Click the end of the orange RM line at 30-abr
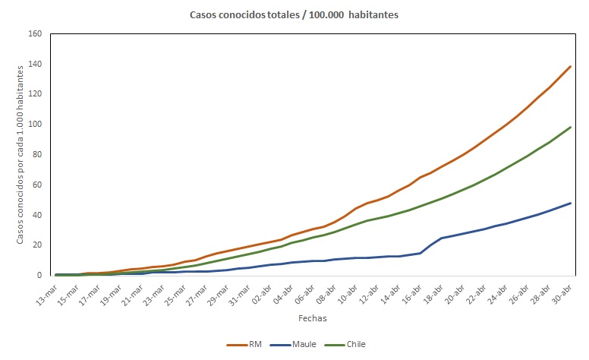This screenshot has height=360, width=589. [571, 66]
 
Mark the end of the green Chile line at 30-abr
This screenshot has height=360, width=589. [571, 127]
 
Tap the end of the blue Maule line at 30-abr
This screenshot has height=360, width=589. [571, 203]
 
